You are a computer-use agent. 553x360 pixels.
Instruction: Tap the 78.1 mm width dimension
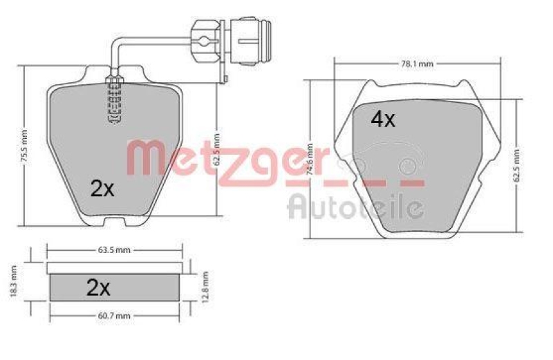[417, 64]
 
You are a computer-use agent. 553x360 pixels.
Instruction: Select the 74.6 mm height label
[310, 159]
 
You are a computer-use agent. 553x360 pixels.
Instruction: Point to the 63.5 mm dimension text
[114, 250]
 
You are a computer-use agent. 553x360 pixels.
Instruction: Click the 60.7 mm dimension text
[114, 316]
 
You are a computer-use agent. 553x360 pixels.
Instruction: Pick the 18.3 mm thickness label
[13, 282]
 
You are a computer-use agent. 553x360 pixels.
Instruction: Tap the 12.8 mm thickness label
[205, 286]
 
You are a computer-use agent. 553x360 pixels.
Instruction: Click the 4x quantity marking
[383, 119]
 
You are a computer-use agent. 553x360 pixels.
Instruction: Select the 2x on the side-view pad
[98, 288]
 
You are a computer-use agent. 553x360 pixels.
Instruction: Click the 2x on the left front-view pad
[102, 189]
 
